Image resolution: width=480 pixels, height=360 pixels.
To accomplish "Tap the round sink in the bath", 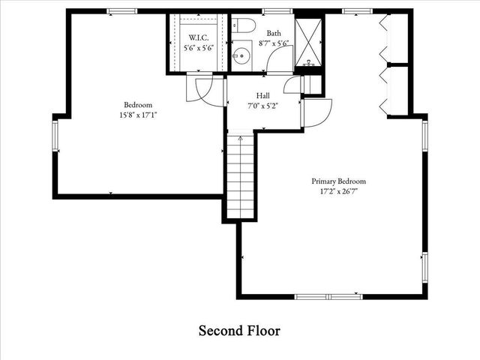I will (x=241, y=54).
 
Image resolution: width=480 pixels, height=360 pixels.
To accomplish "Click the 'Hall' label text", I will (x=262, y=95).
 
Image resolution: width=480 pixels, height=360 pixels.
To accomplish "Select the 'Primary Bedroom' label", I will (x=339, y=181).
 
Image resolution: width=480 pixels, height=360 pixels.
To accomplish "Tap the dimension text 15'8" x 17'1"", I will (x=138, y=115).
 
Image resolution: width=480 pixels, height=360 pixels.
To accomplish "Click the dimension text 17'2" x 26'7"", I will (x=339, y=191).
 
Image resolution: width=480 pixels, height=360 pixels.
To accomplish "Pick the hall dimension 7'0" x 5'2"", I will (x=262, y=106).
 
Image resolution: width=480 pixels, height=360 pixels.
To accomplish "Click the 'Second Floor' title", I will (x=239, y=330).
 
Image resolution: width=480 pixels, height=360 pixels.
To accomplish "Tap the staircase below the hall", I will (x=240, y=180).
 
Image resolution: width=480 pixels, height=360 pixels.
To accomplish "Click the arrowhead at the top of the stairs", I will (x=240, y=138).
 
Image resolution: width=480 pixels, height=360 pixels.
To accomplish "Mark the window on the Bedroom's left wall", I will (x=55, y=137).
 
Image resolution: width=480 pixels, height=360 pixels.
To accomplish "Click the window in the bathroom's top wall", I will (x=277, y=11).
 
